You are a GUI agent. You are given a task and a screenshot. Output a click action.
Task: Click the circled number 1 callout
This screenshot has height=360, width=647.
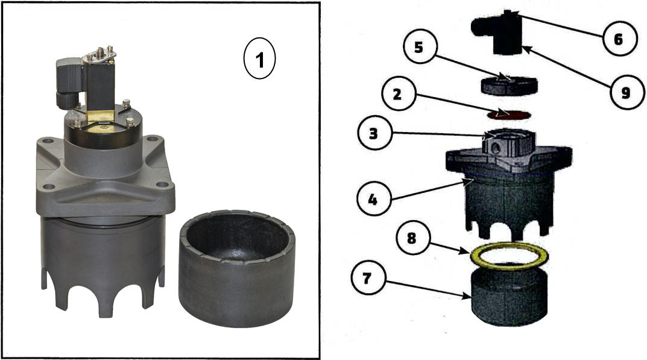259,58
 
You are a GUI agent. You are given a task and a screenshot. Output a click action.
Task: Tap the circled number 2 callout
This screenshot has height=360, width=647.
397,94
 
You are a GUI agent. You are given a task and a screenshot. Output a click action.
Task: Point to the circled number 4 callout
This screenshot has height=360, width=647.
373,200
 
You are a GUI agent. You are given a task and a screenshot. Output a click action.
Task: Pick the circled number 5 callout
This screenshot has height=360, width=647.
418,47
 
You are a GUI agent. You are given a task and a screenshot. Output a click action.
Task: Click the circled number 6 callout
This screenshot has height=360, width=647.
618,39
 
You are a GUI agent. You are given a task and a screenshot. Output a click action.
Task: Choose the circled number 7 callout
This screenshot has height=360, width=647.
367,278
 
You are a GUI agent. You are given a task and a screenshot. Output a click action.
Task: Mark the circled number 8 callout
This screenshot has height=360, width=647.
411,238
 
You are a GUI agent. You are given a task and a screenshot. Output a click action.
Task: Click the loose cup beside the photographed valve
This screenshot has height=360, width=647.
237,269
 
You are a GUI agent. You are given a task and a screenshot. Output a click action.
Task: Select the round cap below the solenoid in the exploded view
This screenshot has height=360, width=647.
509,86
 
